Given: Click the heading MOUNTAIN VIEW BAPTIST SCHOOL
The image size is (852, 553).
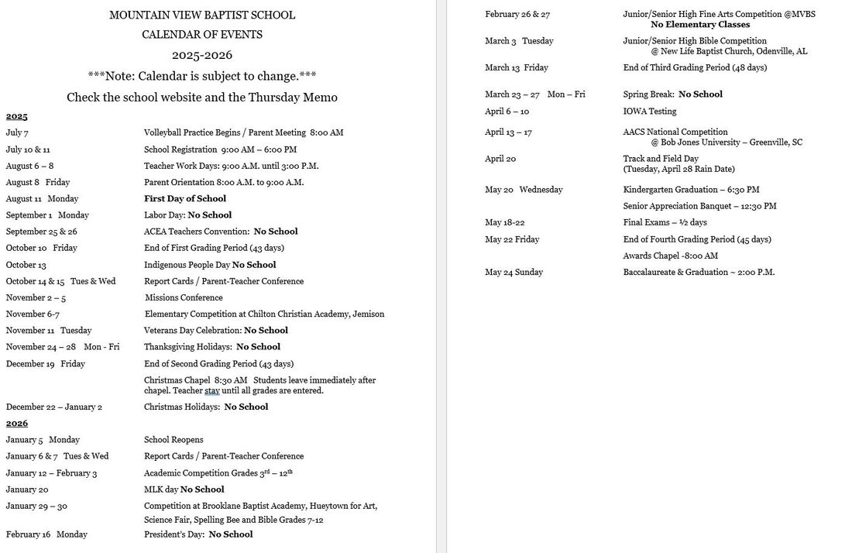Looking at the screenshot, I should point(202,15).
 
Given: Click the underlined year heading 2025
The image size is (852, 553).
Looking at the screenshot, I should point(16,116).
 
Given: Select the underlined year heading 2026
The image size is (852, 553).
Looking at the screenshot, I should point(16,423).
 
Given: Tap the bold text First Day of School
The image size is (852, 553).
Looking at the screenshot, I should point(185,199).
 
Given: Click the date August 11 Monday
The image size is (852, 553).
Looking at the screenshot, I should point(42,199).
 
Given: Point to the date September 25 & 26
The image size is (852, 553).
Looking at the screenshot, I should point(41,232).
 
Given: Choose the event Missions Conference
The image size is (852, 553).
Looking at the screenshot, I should point(184,297).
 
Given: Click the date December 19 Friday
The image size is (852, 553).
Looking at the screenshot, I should point(45,363).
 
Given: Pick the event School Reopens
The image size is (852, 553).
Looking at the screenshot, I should point(173,440).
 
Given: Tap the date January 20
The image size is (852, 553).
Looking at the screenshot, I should point(27,489).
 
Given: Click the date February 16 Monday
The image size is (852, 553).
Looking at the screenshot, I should point(46,534).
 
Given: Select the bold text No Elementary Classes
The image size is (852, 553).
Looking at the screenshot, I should point(700,25).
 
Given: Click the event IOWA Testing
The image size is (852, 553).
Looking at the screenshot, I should point(650,112).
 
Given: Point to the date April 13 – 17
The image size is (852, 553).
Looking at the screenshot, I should point(508,132).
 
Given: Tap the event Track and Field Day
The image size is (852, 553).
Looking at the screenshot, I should point(661,159).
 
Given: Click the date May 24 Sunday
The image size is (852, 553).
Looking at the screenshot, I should point(514,273).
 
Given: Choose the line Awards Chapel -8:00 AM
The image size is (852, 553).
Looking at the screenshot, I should point(670,256).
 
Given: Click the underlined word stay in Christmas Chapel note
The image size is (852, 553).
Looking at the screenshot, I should point(212,391).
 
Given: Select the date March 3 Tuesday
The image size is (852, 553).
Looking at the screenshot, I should point(519,41).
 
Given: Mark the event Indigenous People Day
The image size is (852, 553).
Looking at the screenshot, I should point(187,265).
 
